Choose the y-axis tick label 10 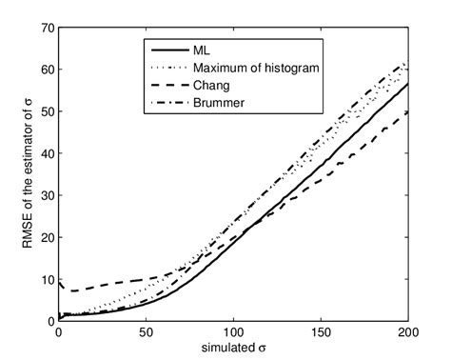[x=44, y=279]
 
